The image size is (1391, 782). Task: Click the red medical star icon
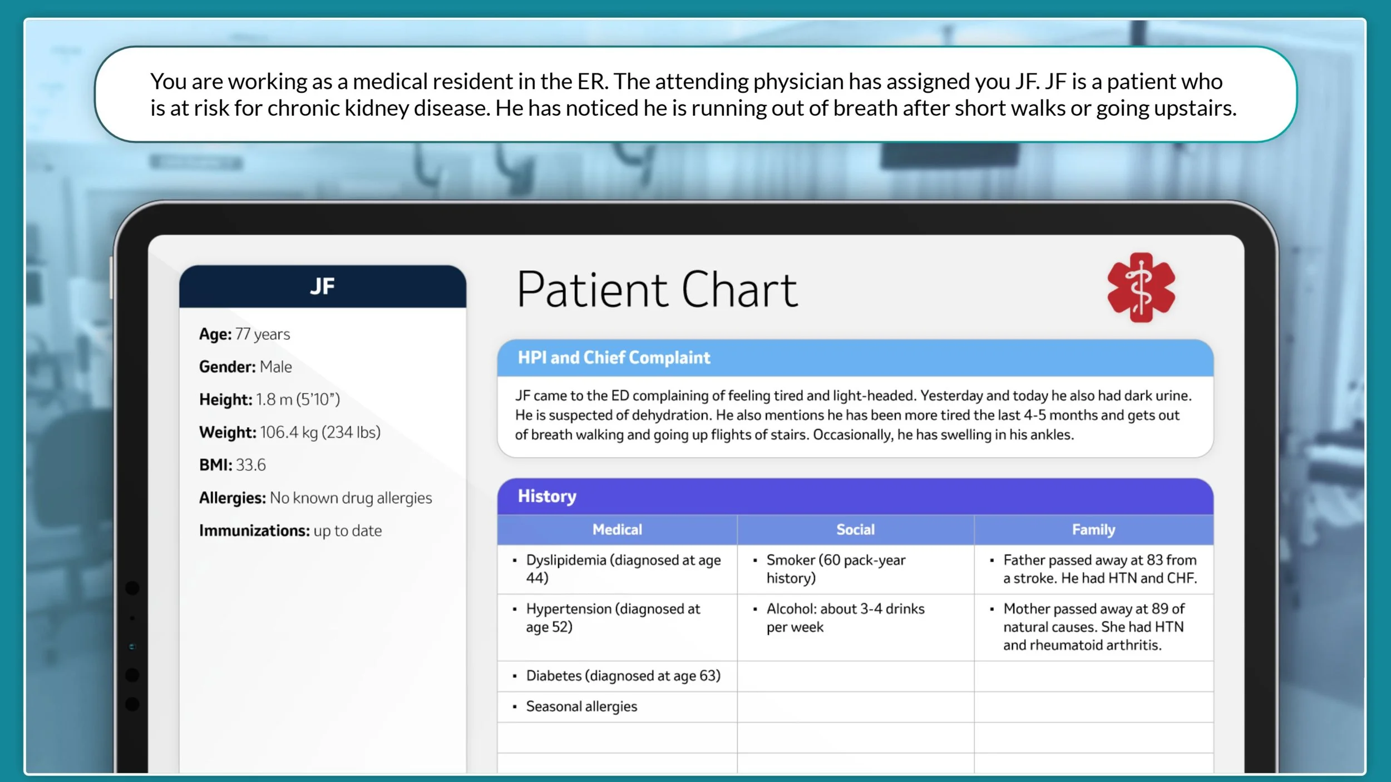tap(1141, 288)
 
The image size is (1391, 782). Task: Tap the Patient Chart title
tap(657, 290)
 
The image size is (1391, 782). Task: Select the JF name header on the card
tap(322, 286)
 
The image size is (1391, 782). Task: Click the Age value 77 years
tap(263, 334)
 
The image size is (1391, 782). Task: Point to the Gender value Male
tap(275, 367)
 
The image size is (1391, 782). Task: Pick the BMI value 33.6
tap(250, 465)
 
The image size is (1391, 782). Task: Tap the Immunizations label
tap(254, 531)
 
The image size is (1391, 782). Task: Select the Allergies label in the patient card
tap(232, 498)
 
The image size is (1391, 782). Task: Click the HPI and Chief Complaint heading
tap(614, 358)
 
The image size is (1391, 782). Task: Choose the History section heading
tap(547, 496)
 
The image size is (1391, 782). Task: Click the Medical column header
tap(617, 529)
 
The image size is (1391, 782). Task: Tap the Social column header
tap(855, 529)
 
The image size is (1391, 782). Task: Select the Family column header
tap(1093, 529)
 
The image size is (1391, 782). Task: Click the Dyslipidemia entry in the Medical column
tap(623, 568)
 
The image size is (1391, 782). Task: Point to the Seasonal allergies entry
tap(581, 706)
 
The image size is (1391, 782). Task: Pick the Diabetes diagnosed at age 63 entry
tap(623, 676)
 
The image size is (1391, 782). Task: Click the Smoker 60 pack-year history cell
tap(836, 568)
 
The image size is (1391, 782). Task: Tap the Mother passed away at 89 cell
tap(1093, 627)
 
